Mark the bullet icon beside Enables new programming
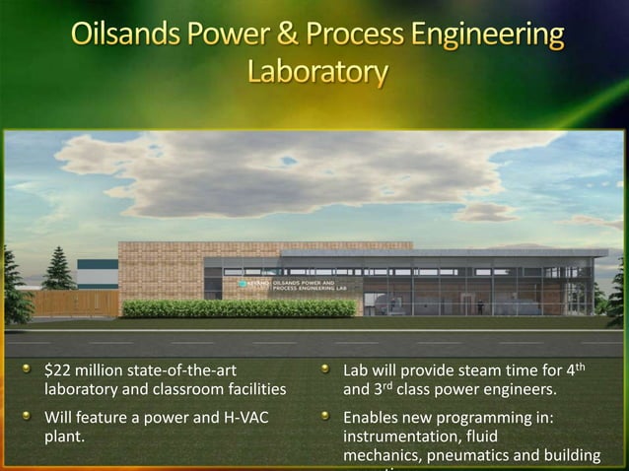point(324,417)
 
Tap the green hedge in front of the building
point(237,308)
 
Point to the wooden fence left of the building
point(74,302)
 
